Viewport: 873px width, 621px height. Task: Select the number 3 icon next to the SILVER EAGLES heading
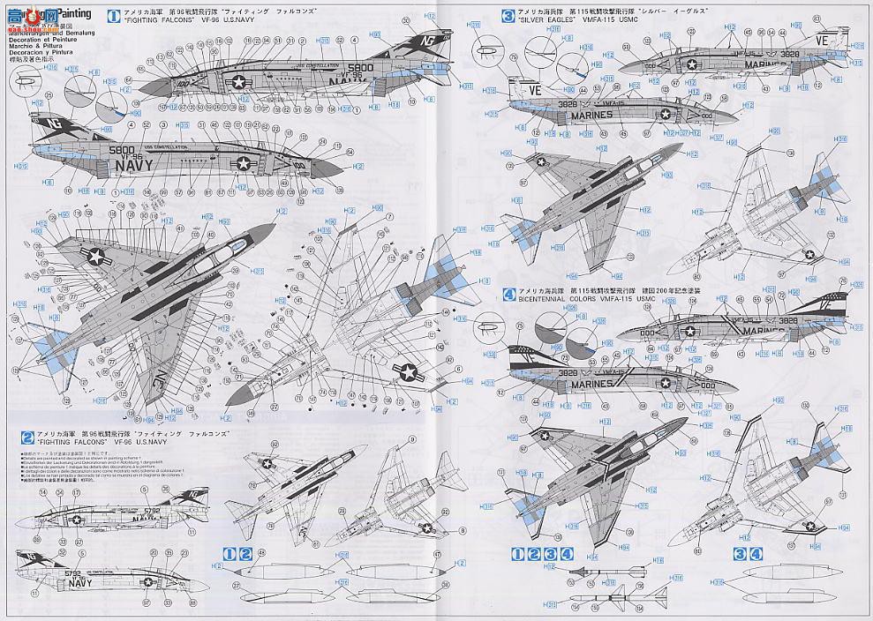508,15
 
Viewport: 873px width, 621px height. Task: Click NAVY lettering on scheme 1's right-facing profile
132,165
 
